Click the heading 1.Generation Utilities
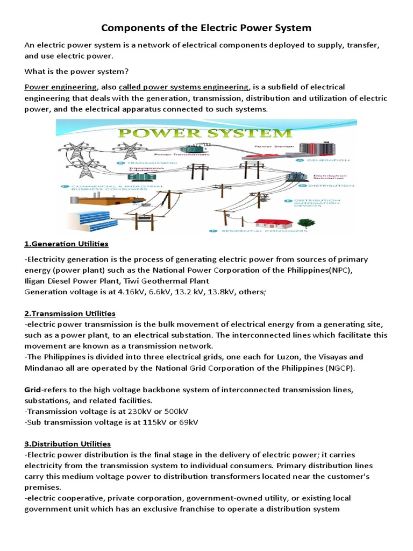pos(66,244)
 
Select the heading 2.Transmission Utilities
pos(70,313)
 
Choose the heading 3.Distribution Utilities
pos(68,444)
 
